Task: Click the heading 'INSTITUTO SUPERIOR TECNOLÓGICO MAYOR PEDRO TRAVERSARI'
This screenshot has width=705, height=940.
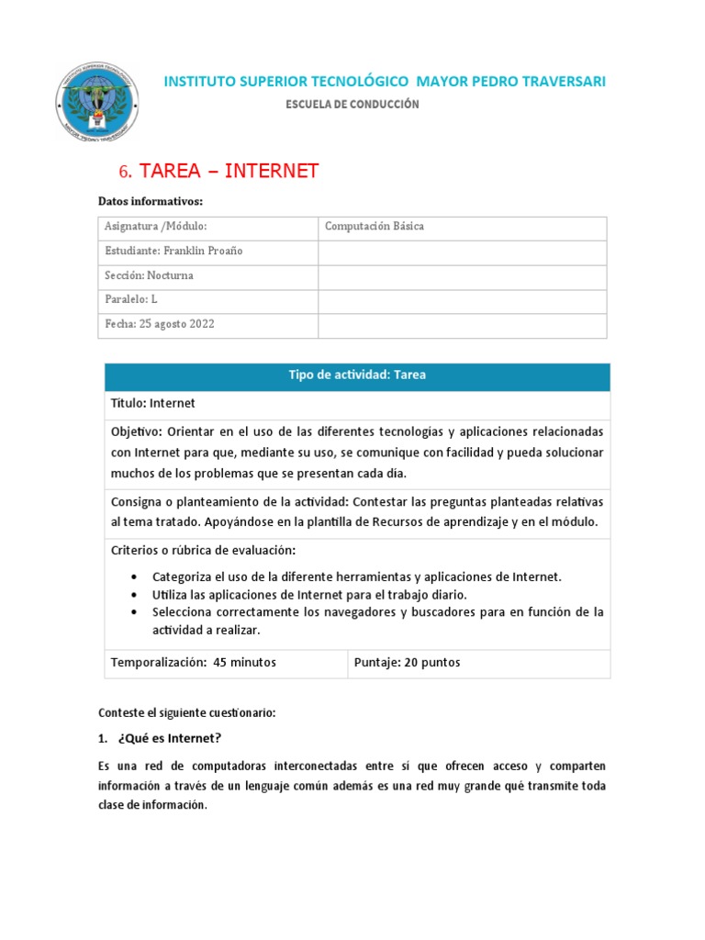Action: click(384, 82)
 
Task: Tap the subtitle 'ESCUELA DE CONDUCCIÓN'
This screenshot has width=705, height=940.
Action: click(353, 105)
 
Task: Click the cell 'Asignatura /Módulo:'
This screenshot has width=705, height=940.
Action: click(156, 227)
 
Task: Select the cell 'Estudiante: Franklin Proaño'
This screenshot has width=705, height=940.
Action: click(174, 252)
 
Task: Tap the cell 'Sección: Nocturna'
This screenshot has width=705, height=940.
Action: click(149, 275)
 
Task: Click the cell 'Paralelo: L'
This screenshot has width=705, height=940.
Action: click(132, 300)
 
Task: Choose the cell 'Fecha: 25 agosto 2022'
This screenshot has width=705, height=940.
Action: click(160, 324)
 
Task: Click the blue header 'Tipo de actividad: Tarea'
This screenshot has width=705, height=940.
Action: click(357, 375)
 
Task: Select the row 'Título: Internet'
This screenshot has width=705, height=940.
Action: click(153, 403)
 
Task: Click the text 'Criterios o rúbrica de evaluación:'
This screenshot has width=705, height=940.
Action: click(203, 550)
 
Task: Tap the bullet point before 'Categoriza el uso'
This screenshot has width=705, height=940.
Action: click(135, 576)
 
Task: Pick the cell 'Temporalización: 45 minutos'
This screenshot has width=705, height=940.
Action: click(194, 663)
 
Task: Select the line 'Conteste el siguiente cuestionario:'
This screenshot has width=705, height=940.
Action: click(186, 712)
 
